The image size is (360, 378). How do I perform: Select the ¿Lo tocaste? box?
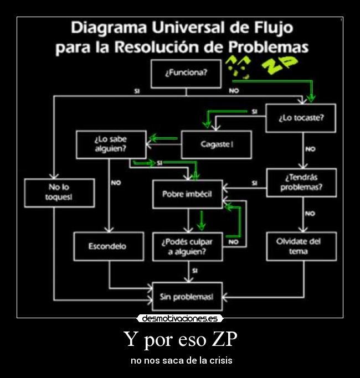point(300,118)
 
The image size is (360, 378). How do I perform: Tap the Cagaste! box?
point(216,144)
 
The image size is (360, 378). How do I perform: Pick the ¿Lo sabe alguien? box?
point(111,144)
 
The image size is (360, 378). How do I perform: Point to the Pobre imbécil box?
point(187,194)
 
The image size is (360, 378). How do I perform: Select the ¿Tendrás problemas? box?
point(301,183)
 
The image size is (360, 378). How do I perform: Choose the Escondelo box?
point(108,246)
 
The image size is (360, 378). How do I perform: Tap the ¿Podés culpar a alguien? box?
point(187,247)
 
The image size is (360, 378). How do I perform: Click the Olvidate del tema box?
point(301,246)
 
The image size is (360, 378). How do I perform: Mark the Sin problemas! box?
point(187,297)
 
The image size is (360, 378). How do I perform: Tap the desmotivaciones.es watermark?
point(179,319)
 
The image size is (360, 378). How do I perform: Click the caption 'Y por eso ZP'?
point(180,339)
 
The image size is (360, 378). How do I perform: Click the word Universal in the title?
point(184,27)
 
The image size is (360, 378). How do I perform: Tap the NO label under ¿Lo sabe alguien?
point(116,183)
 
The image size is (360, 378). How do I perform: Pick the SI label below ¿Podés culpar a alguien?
point(194,271)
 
